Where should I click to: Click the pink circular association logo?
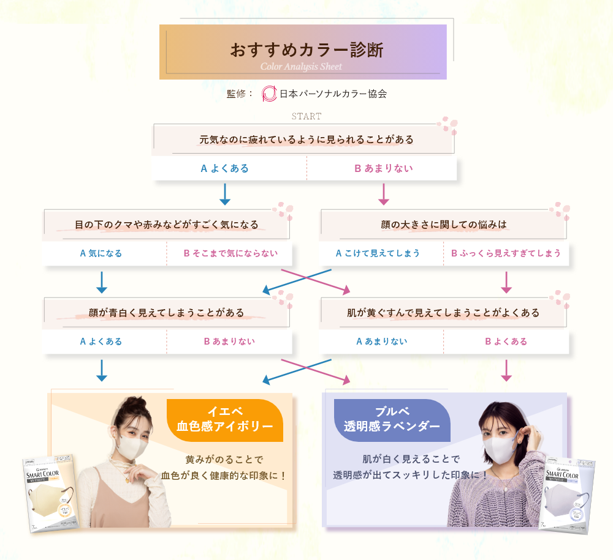269,94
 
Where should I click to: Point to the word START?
306,116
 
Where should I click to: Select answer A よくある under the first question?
225,168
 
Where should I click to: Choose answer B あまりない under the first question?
384,168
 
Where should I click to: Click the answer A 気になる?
101,253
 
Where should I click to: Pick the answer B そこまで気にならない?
230,253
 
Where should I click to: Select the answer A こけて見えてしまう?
378,253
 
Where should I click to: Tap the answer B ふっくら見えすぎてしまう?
506,253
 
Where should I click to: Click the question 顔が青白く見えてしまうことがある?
166,313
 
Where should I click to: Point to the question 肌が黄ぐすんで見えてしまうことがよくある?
443,313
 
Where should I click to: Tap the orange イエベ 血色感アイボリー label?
225,419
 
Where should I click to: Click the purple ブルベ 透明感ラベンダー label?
392,419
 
